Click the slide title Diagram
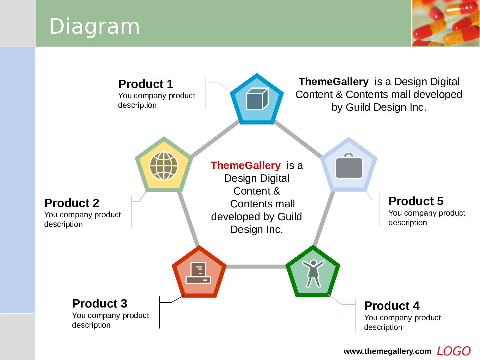[94, 27]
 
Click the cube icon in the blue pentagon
[257, 99]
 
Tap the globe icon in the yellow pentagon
[164, 166]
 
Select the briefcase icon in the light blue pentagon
[349, 166]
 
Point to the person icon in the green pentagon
[313, 273]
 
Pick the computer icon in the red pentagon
[198, 273]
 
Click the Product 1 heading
[146, 84]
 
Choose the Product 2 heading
[71, 203]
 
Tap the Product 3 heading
[100, 303]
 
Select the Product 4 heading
[392, 306]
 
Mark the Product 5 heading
[416, 201]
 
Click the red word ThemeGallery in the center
[245, 165]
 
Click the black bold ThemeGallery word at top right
[333, 82]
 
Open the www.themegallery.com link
[387, 351]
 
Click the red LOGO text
[453, 351]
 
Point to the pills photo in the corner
[446, 23]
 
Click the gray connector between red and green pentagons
[256, 267]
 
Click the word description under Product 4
[383, 327]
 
